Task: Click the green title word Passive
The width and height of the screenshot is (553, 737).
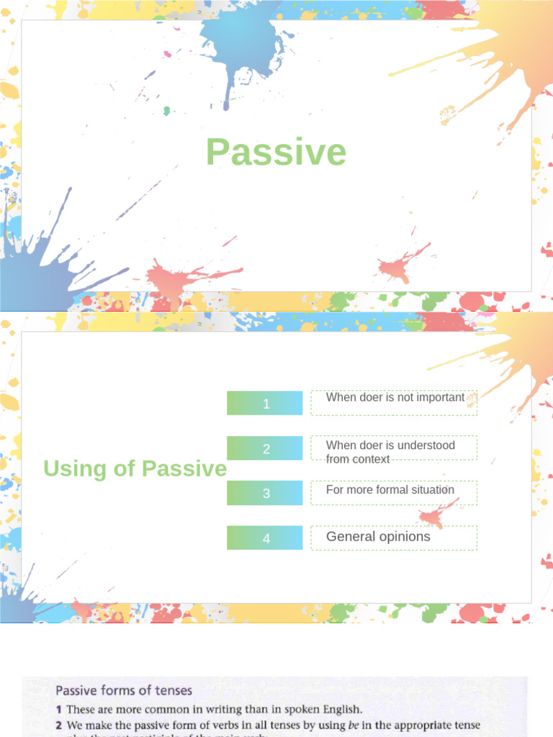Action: coord(276,153)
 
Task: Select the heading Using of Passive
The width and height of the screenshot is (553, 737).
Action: coord(135,469)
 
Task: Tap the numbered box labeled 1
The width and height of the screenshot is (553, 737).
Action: coord(265,404)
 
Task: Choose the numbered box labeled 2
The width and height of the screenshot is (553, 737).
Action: coord(265,448)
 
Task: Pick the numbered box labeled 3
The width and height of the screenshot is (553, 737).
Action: coord(265,493)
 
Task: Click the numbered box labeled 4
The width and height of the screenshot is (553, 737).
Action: coord(265,538)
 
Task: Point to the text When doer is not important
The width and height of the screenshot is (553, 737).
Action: coord(395,397)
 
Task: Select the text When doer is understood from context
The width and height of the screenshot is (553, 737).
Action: coord(390,452)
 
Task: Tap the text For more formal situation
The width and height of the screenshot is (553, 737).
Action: coord(390,489)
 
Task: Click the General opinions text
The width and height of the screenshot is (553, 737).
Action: coord(378,536)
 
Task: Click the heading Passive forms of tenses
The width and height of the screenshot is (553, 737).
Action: coord(124,691)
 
